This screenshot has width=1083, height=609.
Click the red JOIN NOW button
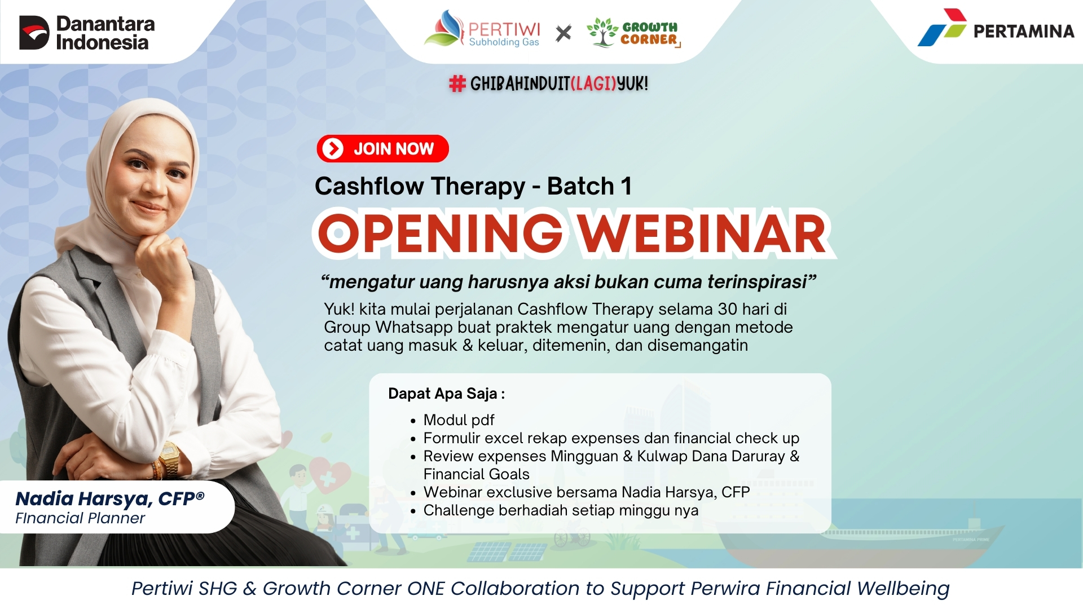tap(382, 149)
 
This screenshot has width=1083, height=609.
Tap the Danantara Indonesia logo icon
tap(34, 33)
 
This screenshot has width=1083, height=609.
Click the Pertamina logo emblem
tap(942, 27)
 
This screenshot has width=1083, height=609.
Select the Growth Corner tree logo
tap(602, 32)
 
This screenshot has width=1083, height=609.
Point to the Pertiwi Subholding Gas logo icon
tap(443, 28)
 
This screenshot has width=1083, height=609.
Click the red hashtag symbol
tap(457, 84)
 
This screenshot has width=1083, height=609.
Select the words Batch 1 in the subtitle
tap(589, 186)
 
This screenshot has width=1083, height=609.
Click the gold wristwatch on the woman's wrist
tap(169, 458)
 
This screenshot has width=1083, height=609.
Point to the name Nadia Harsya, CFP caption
tap(110, 498)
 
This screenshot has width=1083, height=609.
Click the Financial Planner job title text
tap(80, 518)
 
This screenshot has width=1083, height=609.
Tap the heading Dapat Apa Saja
tap(446, 394)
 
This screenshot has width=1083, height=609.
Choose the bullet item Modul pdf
tap(459, 420)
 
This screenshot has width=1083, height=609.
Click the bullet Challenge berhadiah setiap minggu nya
tap(561, 510)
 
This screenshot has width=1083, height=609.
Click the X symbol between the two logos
tap(563, 33)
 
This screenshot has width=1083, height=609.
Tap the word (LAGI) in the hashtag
tap(593, 84)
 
